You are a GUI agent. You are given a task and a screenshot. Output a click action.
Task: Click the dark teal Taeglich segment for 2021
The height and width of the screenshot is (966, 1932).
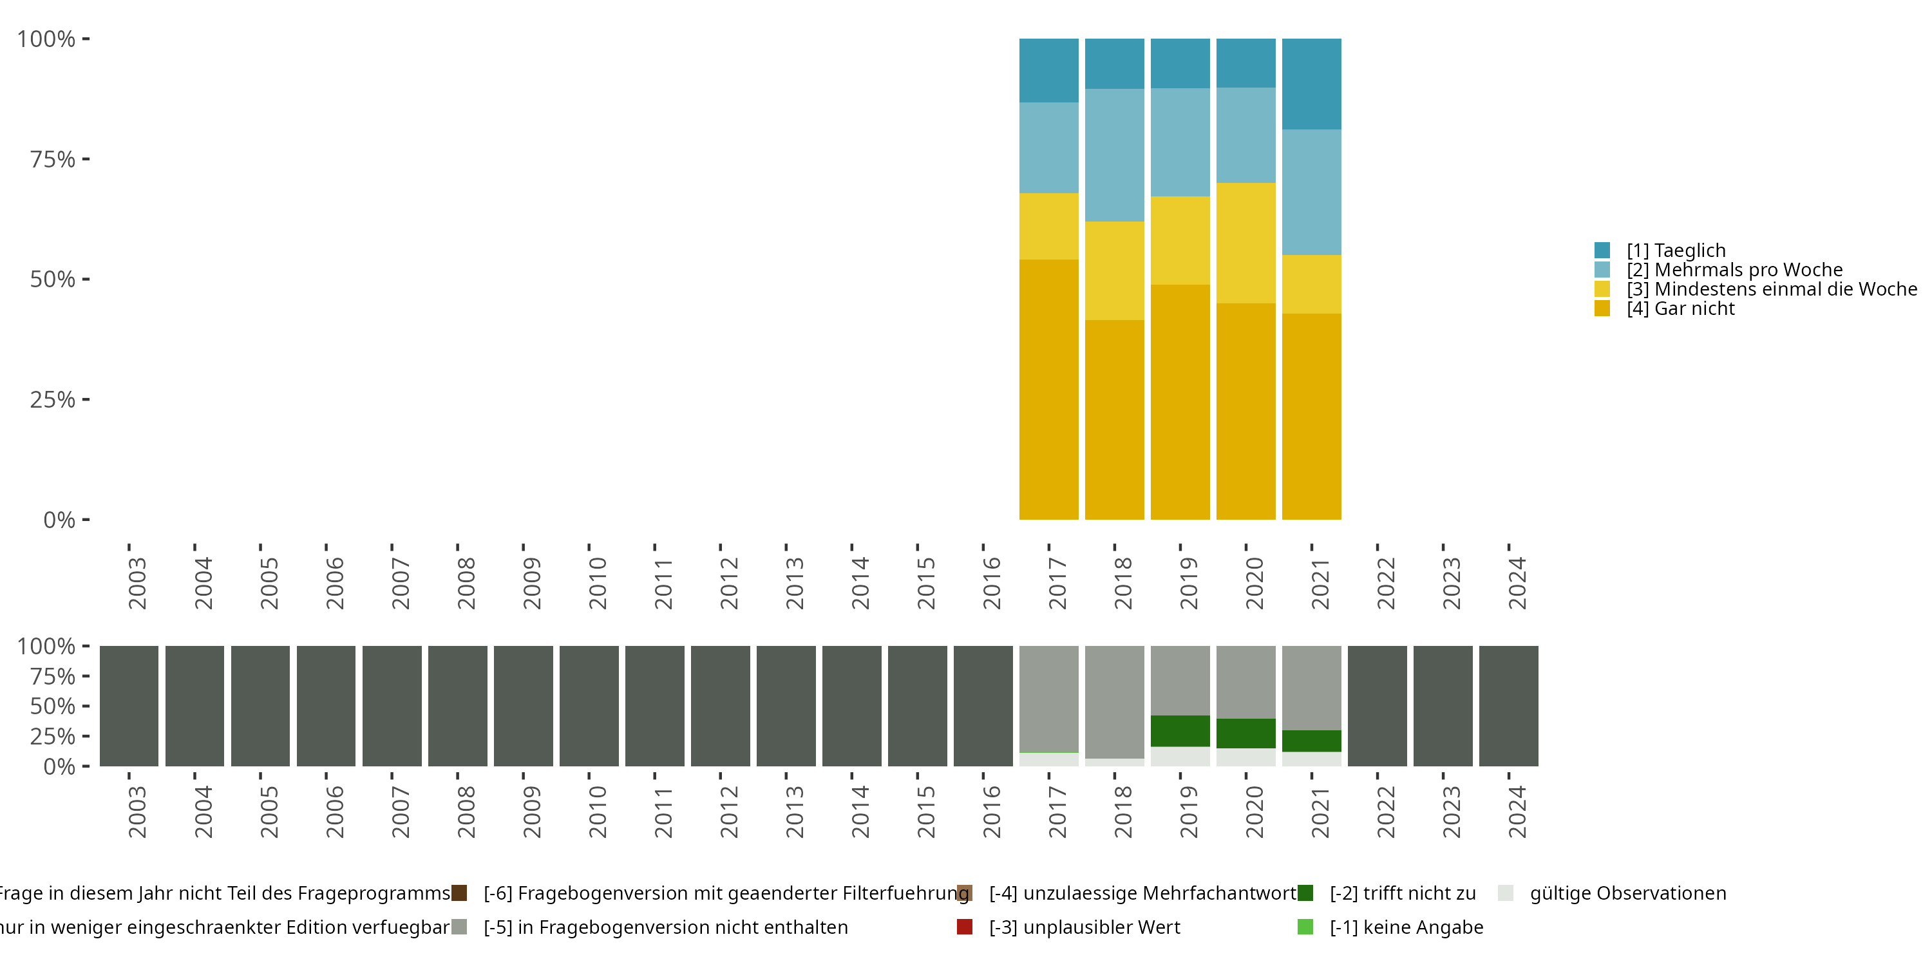(1311, 84)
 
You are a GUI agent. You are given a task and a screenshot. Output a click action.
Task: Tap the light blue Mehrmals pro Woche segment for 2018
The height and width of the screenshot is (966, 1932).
(1115, 155)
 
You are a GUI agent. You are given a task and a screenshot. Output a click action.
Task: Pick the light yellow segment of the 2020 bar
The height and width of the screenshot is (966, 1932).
(1245, 243)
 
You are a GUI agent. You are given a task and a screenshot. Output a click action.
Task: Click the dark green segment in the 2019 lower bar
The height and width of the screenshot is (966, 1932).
(1180, 731)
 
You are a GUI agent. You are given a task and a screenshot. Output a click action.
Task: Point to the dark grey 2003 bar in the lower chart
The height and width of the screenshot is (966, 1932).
(129, 706)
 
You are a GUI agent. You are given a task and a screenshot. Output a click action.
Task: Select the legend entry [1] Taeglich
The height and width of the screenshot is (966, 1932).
(1676, 251)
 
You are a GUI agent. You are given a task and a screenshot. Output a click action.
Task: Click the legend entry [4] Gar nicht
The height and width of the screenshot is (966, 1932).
(1680, 309)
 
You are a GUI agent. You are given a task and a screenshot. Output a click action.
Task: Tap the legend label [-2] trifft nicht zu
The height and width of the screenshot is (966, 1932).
(1403, 893)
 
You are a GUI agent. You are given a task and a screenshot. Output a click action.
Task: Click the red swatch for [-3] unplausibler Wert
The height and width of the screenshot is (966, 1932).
(965, 927)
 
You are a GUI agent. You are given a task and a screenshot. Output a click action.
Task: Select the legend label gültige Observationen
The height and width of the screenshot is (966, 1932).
(1627, 893)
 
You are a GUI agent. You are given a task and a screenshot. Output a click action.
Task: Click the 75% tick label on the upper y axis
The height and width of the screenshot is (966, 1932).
(53, 159)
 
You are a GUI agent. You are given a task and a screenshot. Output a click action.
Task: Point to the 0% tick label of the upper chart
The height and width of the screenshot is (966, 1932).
(59, 520)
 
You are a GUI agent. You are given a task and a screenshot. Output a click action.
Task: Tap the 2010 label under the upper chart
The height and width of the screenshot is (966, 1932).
(597, 583)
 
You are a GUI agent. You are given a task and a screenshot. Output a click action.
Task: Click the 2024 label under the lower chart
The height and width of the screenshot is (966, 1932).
(1517, 811)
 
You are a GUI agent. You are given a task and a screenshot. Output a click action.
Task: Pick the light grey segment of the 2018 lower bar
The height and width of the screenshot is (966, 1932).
(1115, 702)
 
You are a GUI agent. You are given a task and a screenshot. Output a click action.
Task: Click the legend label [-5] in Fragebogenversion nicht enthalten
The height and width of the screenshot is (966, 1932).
(665, 927)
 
